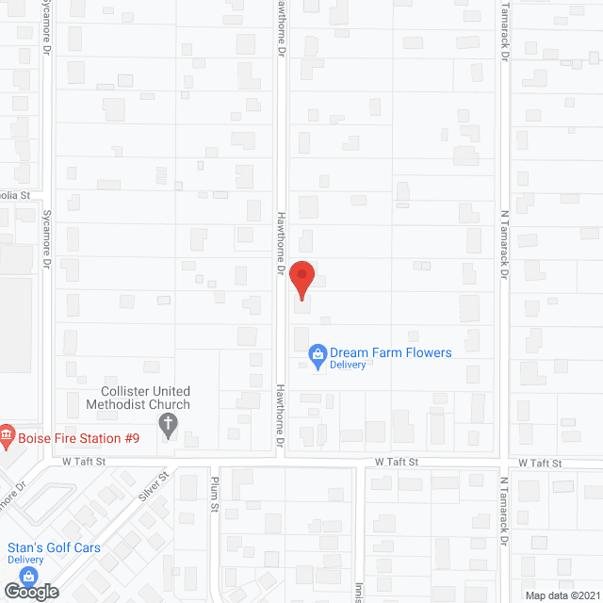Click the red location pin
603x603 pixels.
301,278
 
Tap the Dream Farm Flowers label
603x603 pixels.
391,352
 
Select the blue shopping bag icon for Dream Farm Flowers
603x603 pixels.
318,355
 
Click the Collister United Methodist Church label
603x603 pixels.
145,398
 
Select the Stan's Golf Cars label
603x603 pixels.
54,547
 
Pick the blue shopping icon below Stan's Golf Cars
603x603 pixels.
29,576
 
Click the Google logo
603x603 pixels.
30,591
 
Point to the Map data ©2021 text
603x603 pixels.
562,595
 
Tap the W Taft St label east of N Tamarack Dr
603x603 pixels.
540,464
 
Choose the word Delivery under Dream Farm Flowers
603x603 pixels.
348,365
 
